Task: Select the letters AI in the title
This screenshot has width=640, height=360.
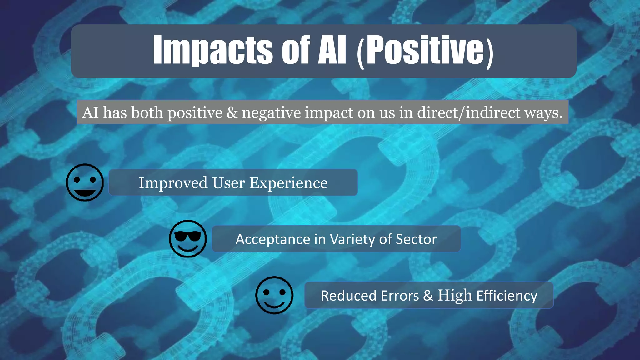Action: pyautogui.click(x=332, y=50)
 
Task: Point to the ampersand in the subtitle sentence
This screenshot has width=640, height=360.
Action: pyautogui.click(x=232, y=112)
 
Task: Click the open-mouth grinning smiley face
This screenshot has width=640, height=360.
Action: pyautogui.click(x=85, y=182)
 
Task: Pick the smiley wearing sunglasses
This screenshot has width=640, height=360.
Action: pyautogui.click(x=188, y=239)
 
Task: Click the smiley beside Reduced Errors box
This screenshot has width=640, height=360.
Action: pyautogui.click(x=274, y=295)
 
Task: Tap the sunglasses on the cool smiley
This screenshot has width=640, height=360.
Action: pyautogui.click(x=188, y=236)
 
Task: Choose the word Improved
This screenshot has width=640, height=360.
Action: pyautogui.click(x=173, y=183)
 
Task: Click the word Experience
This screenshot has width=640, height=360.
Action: pyautogui.click(x=288, y=183)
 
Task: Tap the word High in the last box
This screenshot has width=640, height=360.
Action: pyautogui.click(x=454, y=296)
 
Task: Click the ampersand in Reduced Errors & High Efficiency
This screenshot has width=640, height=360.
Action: pyautogui.click(x=428, y=296)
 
